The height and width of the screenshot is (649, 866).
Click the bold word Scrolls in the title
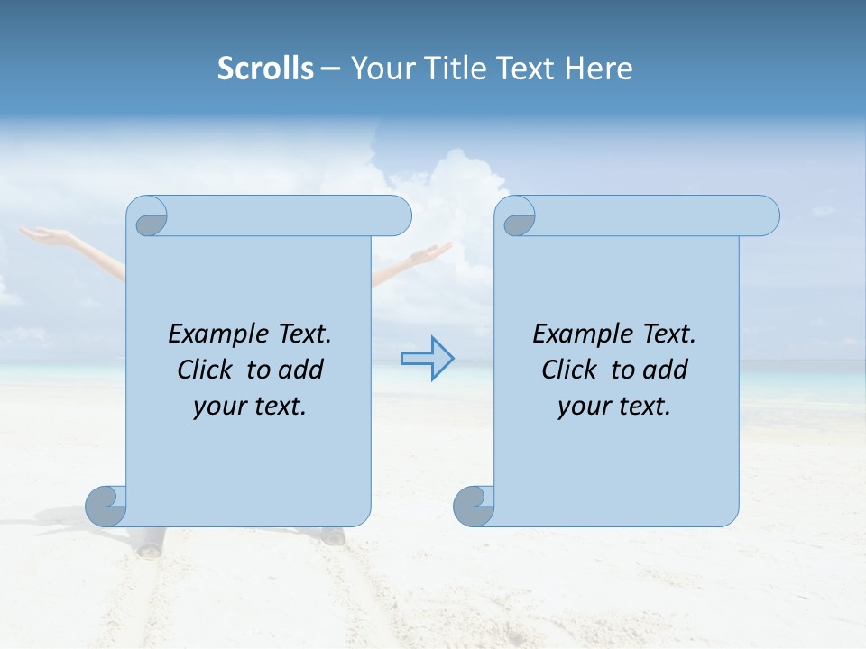[265, 69]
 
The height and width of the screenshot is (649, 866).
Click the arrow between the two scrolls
[427, 358]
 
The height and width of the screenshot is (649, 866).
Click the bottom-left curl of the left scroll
[106, 507]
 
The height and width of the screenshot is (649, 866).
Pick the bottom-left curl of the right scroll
[474, 507]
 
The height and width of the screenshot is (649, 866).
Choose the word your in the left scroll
[217, 407]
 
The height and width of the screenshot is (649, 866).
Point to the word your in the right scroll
[582, 407]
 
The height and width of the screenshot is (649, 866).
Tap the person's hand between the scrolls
[433, 255]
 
